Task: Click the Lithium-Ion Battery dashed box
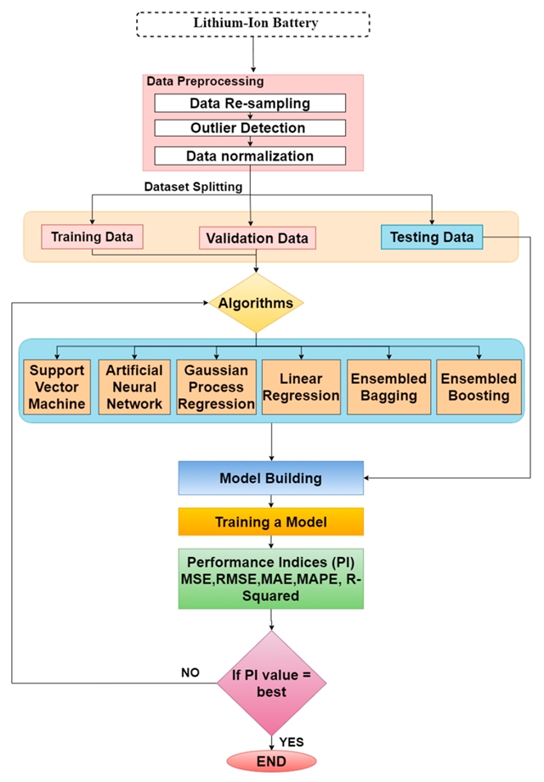click(253, 24)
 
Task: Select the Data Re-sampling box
click(249, 103)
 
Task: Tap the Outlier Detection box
click(249, 129)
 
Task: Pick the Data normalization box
click(249, 155)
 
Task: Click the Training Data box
click(93, 236)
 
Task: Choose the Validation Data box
click(258, 239)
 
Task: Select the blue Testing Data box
click(432, 237)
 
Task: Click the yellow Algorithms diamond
click(256, 303)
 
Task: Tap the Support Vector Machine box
click(58, 386)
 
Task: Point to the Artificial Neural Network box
click(134, 386)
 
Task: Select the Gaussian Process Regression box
click(216, 386)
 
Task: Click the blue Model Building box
click(271, 478)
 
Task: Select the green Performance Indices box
click(271, 578)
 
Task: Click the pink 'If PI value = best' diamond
click(271, 682)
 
